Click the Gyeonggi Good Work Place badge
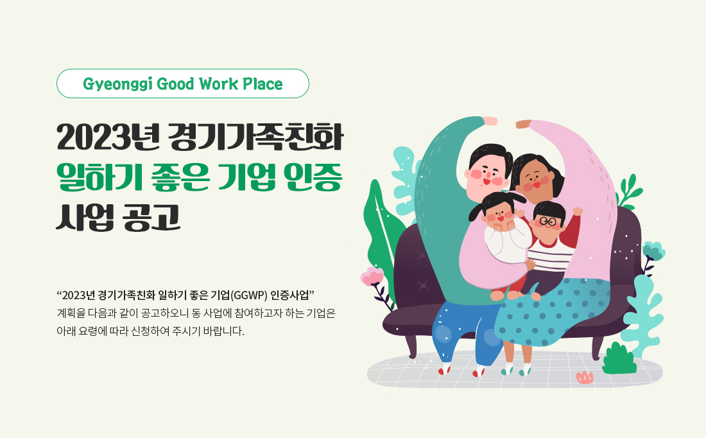tap(183, 83)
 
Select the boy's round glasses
tap(547, 222)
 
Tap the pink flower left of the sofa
tap(372, 277)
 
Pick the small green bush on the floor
tap(619, 360)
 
